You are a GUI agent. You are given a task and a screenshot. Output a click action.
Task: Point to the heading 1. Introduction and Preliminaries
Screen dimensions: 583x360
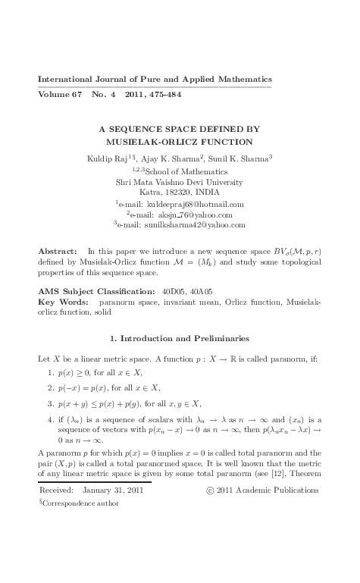point(180,337)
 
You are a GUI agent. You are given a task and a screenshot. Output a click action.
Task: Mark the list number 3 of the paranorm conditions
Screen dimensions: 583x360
point(50,403)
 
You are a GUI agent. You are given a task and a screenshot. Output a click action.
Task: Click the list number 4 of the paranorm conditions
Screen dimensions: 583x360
point(50,418)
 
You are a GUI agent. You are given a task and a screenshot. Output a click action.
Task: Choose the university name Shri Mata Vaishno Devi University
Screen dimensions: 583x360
point(179,182)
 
